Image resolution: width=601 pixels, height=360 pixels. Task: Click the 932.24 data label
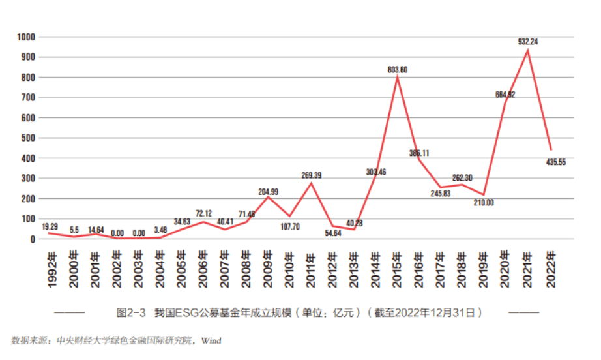(528, 41)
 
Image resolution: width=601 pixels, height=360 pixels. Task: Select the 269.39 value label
(311, 175)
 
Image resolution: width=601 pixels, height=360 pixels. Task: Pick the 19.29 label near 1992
(50, 226)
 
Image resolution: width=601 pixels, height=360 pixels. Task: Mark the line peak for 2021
(527, 50)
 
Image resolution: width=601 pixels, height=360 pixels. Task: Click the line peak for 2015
(397, 77)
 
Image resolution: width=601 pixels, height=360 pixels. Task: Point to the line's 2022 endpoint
(551, 150)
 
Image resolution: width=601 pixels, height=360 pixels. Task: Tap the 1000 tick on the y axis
(25, 37)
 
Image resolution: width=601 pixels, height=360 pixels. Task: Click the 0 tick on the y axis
(31, 239)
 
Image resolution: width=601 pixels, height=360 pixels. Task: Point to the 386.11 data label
(418, 153)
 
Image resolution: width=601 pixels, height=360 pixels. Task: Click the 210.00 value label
(483, 203)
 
